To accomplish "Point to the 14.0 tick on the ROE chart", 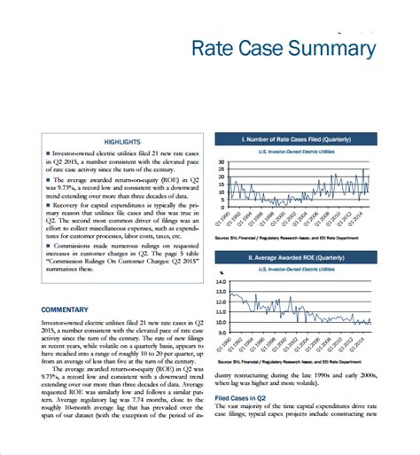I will click(222, 281).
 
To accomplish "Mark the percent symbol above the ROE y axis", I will click(221, 272).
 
